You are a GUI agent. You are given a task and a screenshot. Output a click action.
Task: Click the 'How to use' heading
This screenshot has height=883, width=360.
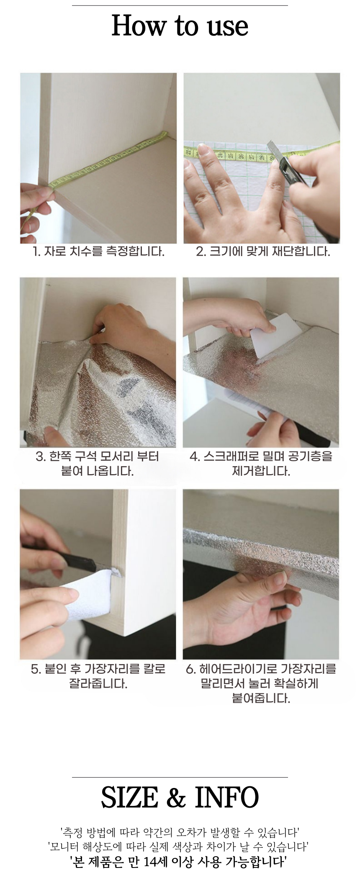(180, 26)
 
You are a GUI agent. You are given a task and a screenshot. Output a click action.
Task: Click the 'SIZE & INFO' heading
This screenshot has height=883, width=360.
(180, 797)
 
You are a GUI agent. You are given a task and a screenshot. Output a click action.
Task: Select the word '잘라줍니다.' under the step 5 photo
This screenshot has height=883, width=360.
(98, 684)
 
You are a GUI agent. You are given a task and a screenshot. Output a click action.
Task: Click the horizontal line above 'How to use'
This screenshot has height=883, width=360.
(180, 5)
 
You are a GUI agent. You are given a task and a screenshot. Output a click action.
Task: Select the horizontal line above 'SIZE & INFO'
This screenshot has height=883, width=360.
(180, 777)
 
